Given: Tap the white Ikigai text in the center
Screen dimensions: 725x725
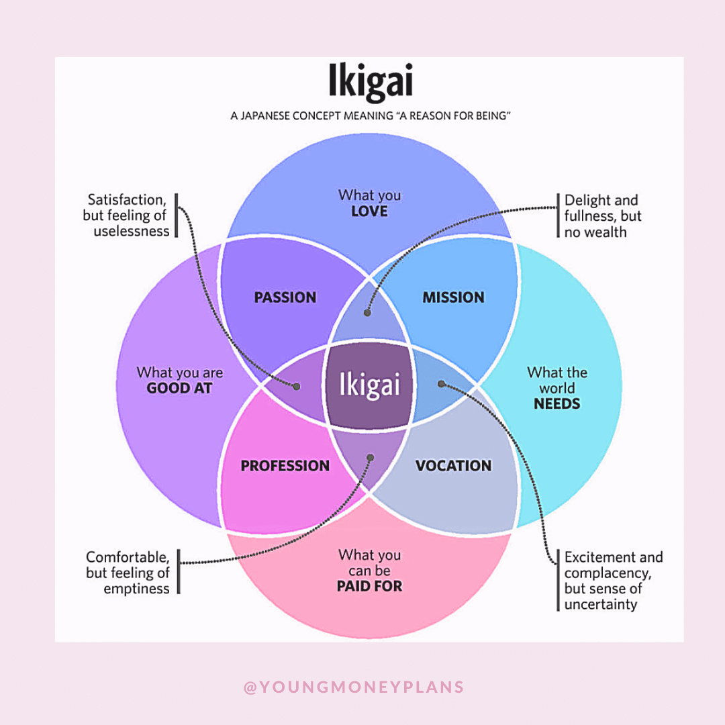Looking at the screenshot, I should tap(370, 386).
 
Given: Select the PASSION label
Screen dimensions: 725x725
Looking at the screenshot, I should tap(285, 297).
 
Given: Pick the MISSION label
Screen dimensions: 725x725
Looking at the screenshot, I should tap(453, 297).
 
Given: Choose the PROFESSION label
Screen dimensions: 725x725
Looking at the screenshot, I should tap(285, 466).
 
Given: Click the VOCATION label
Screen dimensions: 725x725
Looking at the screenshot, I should tap(453, 466).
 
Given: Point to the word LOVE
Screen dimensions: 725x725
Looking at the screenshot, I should tap(369, 211).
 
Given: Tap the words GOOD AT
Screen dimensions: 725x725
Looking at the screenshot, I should tap(179, 388).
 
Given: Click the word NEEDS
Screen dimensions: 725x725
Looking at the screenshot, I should tap(557, 404).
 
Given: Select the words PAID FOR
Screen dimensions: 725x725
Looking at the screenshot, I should tap(369, 586).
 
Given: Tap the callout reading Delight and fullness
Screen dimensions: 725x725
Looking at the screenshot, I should tap(601, 216).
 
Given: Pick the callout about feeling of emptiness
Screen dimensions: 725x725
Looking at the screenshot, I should tap(128, 573).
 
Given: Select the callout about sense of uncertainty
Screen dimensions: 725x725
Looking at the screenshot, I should tap(612, 581).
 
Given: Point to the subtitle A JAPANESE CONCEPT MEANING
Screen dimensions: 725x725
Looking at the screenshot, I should tap(371, 116).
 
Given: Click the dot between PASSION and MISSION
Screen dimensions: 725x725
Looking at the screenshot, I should tap(367, 312).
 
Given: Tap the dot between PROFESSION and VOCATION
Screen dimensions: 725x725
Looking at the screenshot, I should tap(370, 457).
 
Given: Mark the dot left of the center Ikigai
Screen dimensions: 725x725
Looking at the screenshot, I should tap(295, 386).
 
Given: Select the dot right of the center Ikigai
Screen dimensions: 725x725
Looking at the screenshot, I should tap(441, 384).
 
